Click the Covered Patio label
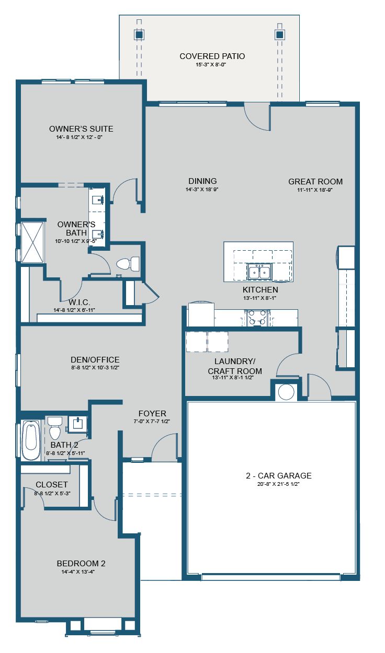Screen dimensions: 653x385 tap(212, 56)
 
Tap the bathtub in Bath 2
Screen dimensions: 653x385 tap(30, 441)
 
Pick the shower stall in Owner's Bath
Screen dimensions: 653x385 tap(32, 241)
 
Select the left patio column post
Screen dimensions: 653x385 tap(139, 35)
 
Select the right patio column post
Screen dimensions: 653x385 tap(279, 35)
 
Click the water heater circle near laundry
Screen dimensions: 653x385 tap(286, 392)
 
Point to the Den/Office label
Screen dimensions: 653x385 tap(95, 359)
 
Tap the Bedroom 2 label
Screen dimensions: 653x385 tap(81, 563)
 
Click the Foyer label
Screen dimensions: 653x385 tap(152, 413)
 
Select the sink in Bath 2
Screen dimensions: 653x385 tap(77, 423)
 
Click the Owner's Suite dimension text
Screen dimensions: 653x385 tap(81, 137)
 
